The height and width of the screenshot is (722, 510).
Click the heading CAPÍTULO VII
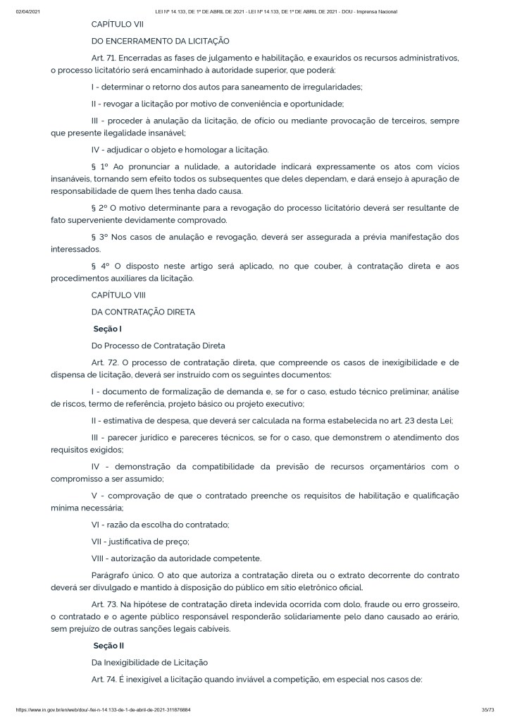pyautogui.click(x=117, y=24)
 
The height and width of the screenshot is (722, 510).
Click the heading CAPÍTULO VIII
pyautogui.click(x=118, y=295)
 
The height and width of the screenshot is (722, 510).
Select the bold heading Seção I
pyautogui.click(x=108, y=329)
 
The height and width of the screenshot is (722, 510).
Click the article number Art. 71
pyautogui.click(x=104, y=57)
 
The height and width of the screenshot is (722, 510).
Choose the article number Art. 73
pyautogui.click(x=104, y=605)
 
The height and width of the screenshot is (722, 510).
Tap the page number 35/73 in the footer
pyautogui.click(x=480, y=710)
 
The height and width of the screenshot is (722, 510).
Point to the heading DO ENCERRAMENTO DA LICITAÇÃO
pyautogui.click(x=160, y=41)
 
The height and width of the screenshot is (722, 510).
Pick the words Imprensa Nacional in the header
pyautogui.click(x=378, y=12)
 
